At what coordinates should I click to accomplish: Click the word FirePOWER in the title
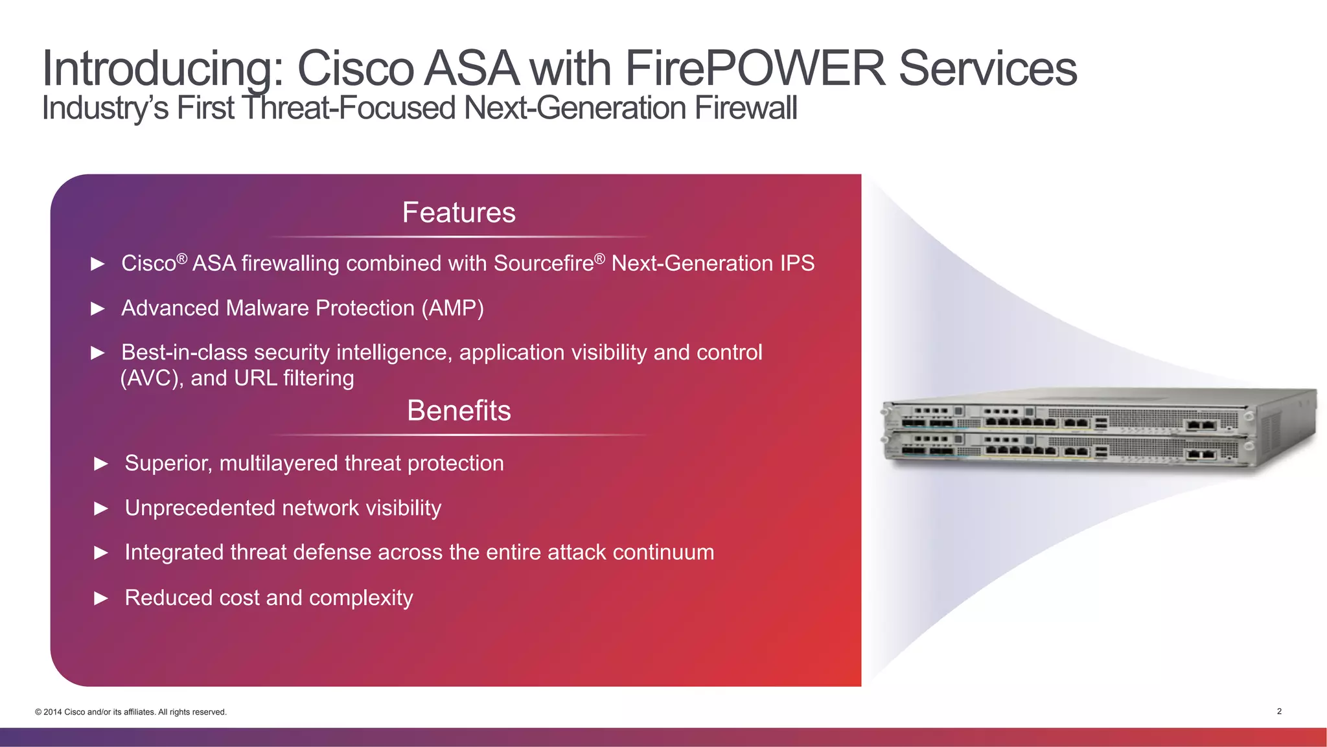click(755, 68)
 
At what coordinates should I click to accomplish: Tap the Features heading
click(459, 213)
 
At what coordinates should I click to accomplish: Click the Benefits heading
click(459, 411)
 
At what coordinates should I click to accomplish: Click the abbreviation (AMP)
click(452, 308)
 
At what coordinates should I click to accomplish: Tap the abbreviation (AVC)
click(152, 378)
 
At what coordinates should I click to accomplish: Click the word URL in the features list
click(256, 378)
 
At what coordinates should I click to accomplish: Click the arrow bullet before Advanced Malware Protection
click(98, 308)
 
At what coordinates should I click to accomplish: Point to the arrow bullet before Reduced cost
click(101, 598)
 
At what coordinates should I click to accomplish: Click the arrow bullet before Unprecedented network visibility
click(101, 509)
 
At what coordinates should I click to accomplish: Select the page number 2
click(1279, 711)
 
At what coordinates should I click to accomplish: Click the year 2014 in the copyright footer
click(53, 712)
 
